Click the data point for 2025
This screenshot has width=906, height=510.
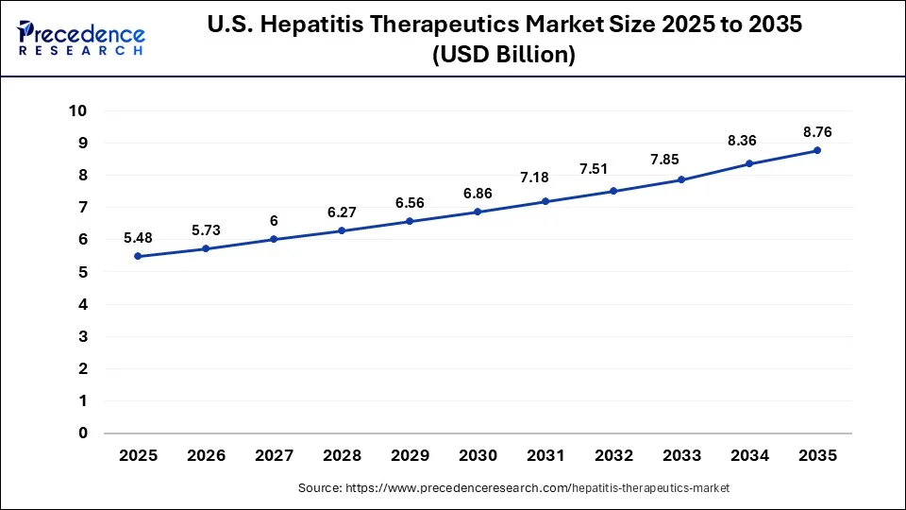coord(138,256)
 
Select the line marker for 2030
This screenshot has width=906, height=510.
coord(478,212)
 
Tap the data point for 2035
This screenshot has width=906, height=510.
coord(817,150)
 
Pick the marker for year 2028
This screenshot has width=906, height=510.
coord(342,230)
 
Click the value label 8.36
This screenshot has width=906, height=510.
coord(749,141)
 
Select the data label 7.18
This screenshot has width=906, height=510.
coord(545,178)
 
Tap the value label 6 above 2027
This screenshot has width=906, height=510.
coord(274,220)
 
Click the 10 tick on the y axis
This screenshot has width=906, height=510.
coord(78,110)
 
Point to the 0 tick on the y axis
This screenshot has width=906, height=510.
coord(83,433)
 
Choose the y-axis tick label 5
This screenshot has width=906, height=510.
coord(83,272)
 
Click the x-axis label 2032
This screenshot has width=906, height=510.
coord(613,455)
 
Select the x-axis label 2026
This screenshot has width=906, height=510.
coord(206,455)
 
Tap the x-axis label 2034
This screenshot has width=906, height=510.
coord(749,455)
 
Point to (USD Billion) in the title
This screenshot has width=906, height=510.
coord(503,56)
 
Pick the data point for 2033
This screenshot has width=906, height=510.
coord(681,179)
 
